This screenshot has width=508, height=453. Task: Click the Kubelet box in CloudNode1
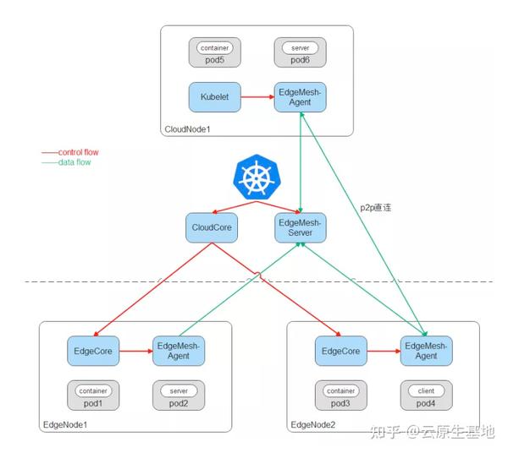pos(213,97)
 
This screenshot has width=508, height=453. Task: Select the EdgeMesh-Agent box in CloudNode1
pos(300,97)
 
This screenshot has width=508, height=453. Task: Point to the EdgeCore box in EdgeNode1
pos(91,350)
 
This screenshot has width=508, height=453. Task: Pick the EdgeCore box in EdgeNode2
pos(340,350)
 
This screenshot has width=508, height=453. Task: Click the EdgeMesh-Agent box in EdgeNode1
pos(179,350)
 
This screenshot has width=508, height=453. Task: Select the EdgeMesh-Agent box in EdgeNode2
pos(427,350)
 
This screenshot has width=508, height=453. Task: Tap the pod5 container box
pos(213,52)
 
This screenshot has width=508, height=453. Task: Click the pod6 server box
pos(300,52)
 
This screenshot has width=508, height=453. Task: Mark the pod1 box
pos(92,395)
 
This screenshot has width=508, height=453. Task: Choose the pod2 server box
pos(179,395)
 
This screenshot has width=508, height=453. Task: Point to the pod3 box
pos(340,395)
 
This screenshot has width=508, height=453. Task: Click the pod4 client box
pos(427,395)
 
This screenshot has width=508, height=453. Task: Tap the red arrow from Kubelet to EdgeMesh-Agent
pos(257,98)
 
